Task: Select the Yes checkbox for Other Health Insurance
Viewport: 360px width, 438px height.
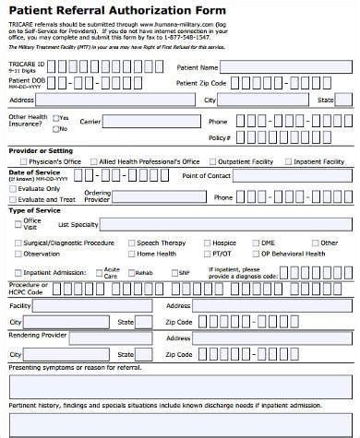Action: [x=56, y=118]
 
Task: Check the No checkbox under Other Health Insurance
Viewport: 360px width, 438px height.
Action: [x=56, y=129]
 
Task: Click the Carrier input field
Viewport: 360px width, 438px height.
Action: [x=150, y=121]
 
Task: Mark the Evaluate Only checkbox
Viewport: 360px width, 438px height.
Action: [x=12, y=188]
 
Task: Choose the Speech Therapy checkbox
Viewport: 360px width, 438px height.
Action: [x=132, y=243]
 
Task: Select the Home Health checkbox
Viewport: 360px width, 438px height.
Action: [x=132, y=254]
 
